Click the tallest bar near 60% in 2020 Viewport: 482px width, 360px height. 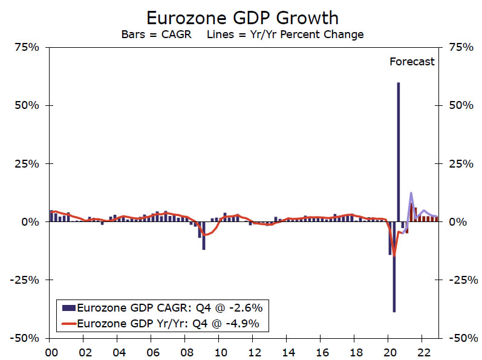click(x=398, y=151)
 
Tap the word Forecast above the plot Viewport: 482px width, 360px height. click(x=412, y=61)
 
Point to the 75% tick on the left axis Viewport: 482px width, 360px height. click(x=27, y=47)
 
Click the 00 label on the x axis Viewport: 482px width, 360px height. click(x=51, y=350)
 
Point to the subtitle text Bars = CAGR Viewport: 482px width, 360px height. click(x=156, y=34)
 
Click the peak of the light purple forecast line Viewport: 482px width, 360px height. click(x=411, y=194)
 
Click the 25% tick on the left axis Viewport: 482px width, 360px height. click(x=27, y=164)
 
